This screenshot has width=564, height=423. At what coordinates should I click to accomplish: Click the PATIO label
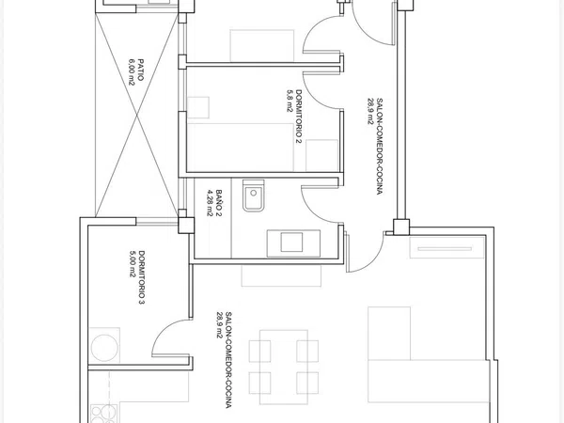point(140,70)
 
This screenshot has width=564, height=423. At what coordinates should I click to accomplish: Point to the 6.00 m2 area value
point(132,70)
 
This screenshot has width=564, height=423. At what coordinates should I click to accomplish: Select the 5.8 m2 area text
point(290,102)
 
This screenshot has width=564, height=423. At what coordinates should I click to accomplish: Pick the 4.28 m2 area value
point(210,203)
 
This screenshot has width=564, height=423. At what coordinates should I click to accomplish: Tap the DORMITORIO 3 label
point(141,277)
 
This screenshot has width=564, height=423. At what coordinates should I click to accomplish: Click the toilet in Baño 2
point(254,196)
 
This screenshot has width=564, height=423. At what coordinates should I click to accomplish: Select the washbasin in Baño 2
point(293,243)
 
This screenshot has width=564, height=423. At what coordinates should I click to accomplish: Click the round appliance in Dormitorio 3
point(104,348)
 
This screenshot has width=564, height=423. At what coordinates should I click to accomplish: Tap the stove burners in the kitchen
point(103,414)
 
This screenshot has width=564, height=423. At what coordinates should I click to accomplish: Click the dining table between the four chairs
point(284,367)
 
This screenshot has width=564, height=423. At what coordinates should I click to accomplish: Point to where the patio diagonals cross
point(136,115)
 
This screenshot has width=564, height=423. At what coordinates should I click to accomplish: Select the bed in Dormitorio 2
point(241,148)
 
